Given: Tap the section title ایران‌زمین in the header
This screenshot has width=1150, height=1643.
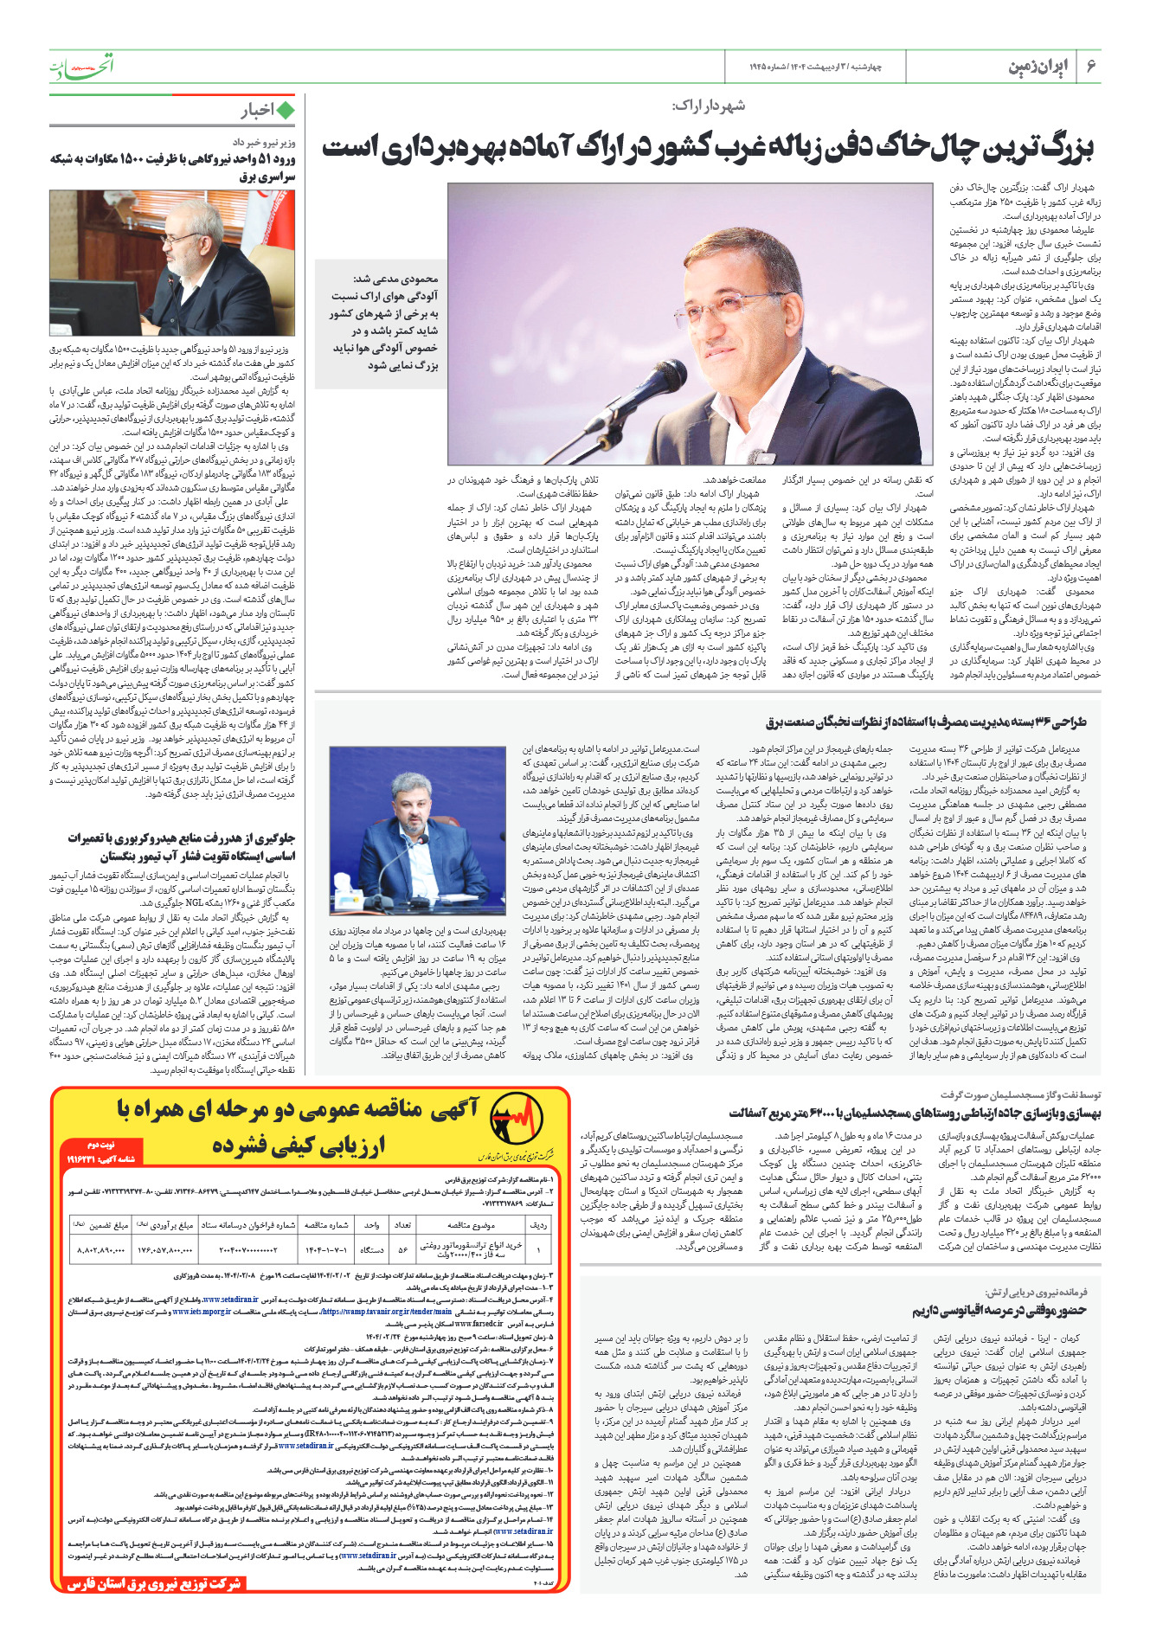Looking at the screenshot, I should [x=1038, y=67].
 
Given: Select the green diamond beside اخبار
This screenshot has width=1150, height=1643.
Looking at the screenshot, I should [x=286, y=110].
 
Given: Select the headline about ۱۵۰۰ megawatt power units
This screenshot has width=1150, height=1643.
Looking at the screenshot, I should [x=173, y=167].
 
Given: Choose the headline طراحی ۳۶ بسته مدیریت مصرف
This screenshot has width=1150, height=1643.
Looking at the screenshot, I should [x=926, y=722].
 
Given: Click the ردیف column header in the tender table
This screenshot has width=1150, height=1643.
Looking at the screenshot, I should [x=538, y=1224].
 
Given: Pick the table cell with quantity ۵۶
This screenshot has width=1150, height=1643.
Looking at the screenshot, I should [x=402, y=1250].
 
